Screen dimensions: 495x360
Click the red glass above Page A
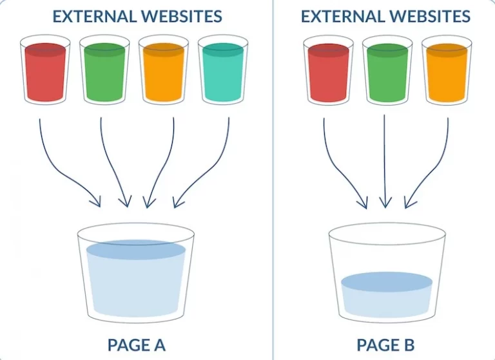(x=45, y=70)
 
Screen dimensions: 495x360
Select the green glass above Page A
(x=104, y=70)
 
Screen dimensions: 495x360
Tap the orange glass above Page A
(x=164, y=70)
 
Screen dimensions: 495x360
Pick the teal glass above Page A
(x=223, y=70)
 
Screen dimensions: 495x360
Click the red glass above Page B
(x=328, y=70)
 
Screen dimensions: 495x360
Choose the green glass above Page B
(x=387, y=70)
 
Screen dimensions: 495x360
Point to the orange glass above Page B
(x=447, y=70)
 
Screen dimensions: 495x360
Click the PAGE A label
(x=137, y=345)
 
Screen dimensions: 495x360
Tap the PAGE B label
(x=385, y=345)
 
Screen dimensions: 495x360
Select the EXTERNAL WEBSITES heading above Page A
(x=137, y=16)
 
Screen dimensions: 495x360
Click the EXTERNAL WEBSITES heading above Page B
(x=386, y=16)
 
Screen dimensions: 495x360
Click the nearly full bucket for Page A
(x=136, y=273)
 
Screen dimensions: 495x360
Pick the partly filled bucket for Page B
(x=387, y=273)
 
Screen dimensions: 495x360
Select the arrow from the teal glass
(x=211, y=172)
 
